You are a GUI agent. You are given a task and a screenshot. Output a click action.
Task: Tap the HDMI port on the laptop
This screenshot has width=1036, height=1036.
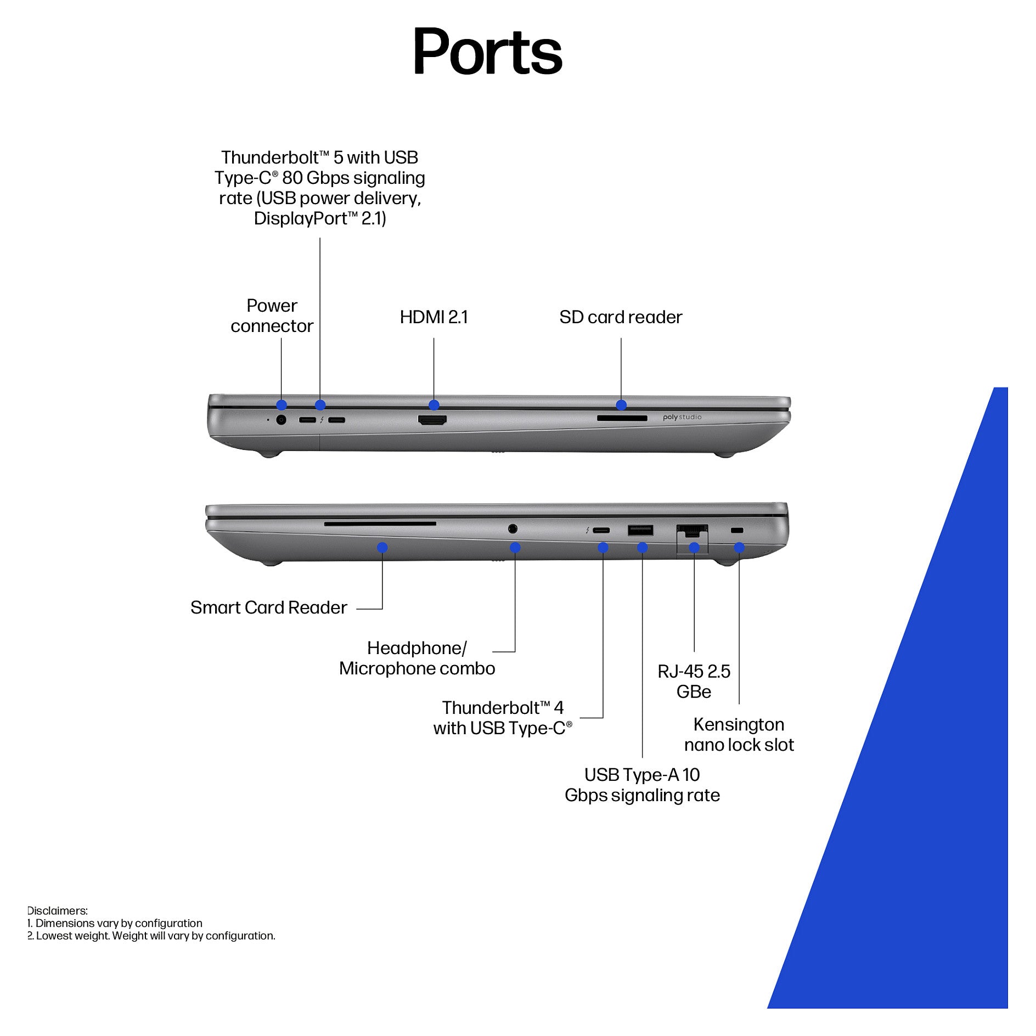(432, 420)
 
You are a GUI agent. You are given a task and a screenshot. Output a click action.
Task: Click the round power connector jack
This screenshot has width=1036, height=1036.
(281, 420)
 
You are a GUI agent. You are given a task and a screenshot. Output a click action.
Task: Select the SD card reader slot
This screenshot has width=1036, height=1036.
(622, 418)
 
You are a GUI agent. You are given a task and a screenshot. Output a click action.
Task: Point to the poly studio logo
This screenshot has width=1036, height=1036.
(682, 417)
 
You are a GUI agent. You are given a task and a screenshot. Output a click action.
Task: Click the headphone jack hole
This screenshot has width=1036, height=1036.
(513, 528)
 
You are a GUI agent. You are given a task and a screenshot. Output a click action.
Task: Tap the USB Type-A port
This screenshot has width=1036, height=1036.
(640, 530)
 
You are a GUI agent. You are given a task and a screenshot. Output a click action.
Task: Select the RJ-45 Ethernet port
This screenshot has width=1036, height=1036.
(692, 532)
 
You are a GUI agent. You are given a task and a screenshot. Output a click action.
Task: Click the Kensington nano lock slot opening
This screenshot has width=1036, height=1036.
(737, 530)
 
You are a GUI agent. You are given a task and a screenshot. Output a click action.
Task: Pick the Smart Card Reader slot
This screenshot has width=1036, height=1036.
(380, 524)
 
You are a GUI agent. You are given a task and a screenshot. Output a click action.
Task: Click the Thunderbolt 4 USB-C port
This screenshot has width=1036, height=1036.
(601, 530)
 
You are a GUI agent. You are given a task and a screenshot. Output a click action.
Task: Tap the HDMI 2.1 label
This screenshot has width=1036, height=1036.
(433, 317)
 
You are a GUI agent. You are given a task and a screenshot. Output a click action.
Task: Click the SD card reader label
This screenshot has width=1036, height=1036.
(621, 317)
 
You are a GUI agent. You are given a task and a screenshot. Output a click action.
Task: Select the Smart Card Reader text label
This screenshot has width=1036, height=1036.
(269, 607)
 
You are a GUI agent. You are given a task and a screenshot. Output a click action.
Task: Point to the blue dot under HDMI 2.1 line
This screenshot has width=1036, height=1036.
(434, 405)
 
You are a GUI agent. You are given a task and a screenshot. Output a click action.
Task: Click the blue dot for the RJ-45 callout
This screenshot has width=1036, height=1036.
(694, 547)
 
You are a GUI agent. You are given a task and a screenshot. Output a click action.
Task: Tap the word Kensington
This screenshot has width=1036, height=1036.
(739, 724)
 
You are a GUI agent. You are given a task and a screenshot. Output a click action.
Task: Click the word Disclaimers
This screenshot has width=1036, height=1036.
(57, 911)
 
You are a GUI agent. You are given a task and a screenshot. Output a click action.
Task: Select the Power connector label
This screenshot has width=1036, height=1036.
(272, 316)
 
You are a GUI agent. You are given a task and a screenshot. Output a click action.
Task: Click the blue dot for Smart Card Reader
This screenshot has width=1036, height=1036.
(382, 547)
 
